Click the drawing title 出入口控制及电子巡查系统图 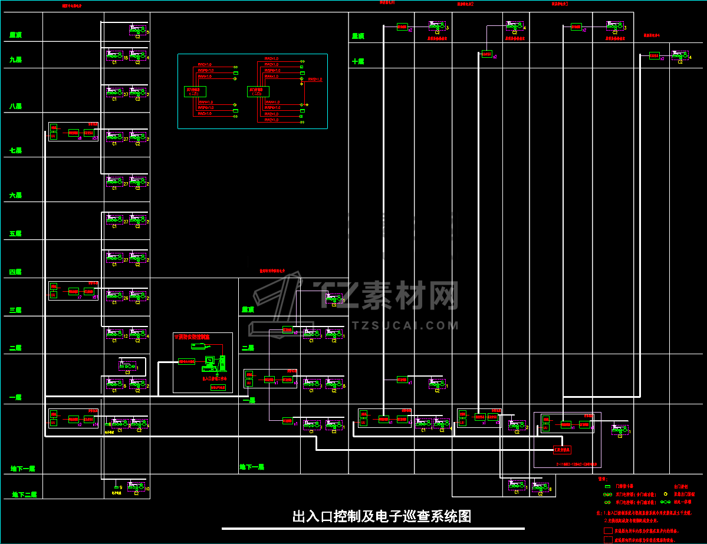tap(382, 517)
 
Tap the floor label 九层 tap(15, 60)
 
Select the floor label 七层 tap(15, 151)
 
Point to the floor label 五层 tap(15, 234)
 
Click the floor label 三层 tap(15, 310)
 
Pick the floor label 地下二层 tap(24, 494)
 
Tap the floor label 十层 tap(358, 61)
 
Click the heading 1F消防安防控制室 tap(192, 337)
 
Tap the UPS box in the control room tap(218, 387)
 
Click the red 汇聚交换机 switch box tap(563, 450)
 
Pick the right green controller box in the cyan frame tap(258, 91)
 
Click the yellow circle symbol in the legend tap(666, 494)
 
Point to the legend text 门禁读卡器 tap(625, 486)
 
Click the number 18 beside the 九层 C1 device tap(126, 58)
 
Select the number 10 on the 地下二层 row tap(147, 489)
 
